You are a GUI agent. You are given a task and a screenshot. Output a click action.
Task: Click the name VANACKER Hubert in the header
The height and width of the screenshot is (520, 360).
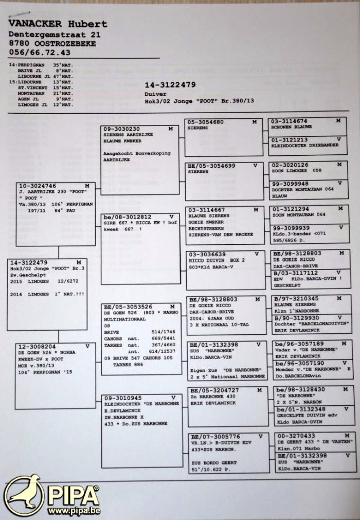[58, 24]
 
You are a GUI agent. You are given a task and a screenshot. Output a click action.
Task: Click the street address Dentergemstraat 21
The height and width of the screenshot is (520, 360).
[55, 34]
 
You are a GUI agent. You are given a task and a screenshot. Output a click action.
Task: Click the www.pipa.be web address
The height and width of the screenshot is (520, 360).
[74, 511]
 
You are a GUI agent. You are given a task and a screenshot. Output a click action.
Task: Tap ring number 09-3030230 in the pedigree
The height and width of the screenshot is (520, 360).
[121, 129]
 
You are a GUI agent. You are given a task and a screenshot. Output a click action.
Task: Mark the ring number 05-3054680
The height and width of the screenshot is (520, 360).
[205, 122]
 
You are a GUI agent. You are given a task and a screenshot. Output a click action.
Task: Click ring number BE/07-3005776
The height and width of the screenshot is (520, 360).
[210, 436]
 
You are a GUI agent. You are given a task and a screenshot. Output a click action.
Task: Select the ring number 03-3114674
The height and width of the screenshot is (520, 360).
[291, 120]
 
